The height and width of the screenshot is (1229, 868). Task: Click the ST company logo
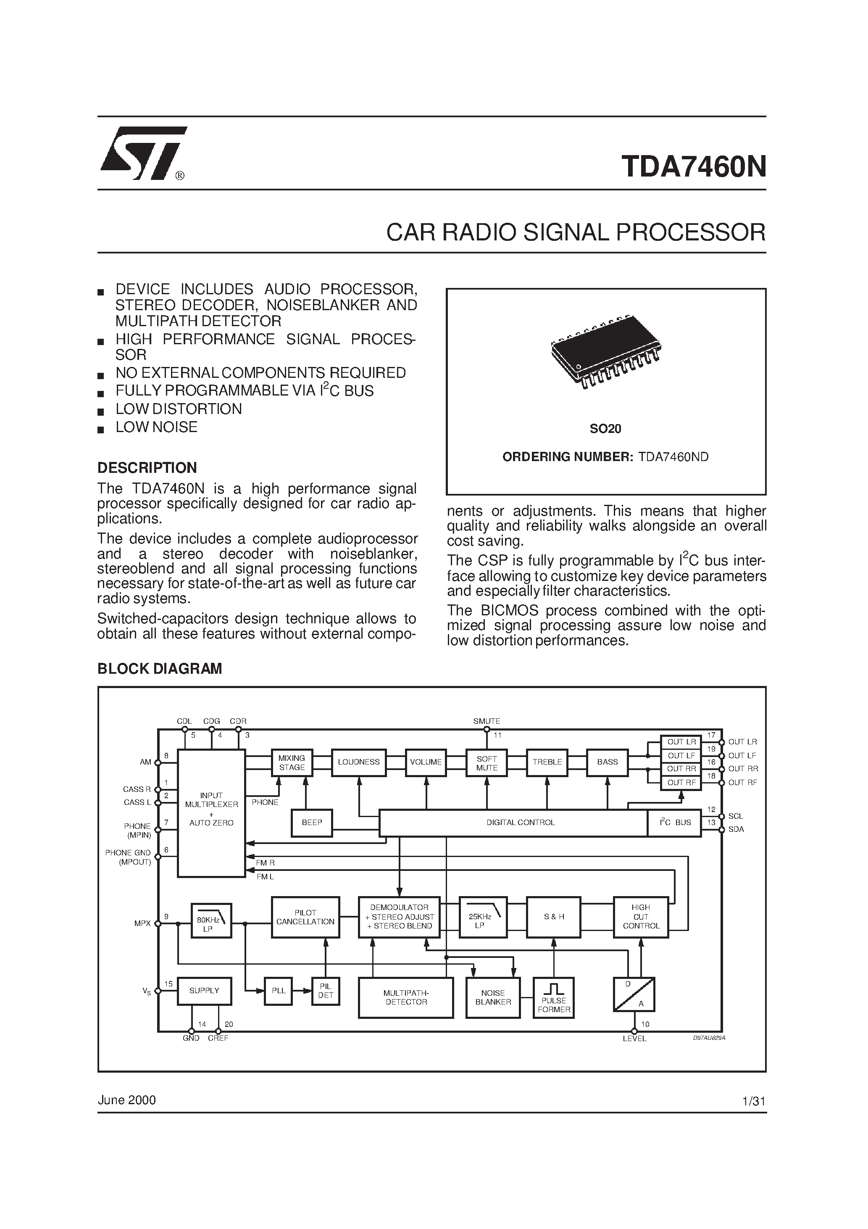pyautogui.click(x=143, y=154)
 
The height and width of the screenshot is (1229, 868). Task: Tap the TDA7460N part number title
pyautogui.click(x=694, y=166)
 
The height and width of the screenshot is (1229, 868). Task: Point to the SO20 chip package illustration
pyautogui.click(x=605, y=351)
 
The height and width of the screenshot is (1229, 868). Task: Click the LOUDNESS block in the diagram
pyautogui.click(x=358, y=762)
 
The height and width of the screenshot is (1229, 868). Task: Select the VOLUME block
pyautogui.click(x=426, y=762)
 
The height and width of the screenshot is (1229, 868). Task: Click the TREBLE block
pyautogui.click(x=547, y=762)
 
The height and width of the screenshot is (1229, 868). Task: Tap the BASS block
pyautogui.click(x=608, y=762)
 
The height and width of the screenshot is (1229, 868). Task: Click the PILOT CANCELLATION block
pyautogui.click(x=305, y=918)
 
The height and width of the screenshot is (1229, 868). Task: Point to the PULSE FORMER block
pyautogui.click(x=553, y=998)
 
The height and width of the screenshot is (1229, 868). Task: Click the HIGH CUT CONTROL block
pyautogui.click(x=641, y=917)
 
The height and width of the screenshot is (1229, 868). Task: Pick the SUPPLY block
pyautogui.click(x=205, y=991)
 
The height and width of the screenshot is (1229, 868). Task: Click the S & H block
pyautogui.click(x=553, y=917)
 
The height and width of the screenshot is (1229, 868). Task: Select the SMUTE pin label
pyautogui.click(x=487, y=721)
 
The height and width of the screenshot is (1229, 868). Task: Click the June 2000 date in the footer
pyautogui.click(x=127, y=1100)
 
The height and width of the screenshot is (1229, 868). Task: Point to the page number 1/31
pyautogui.click(x=754, y=1102)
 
